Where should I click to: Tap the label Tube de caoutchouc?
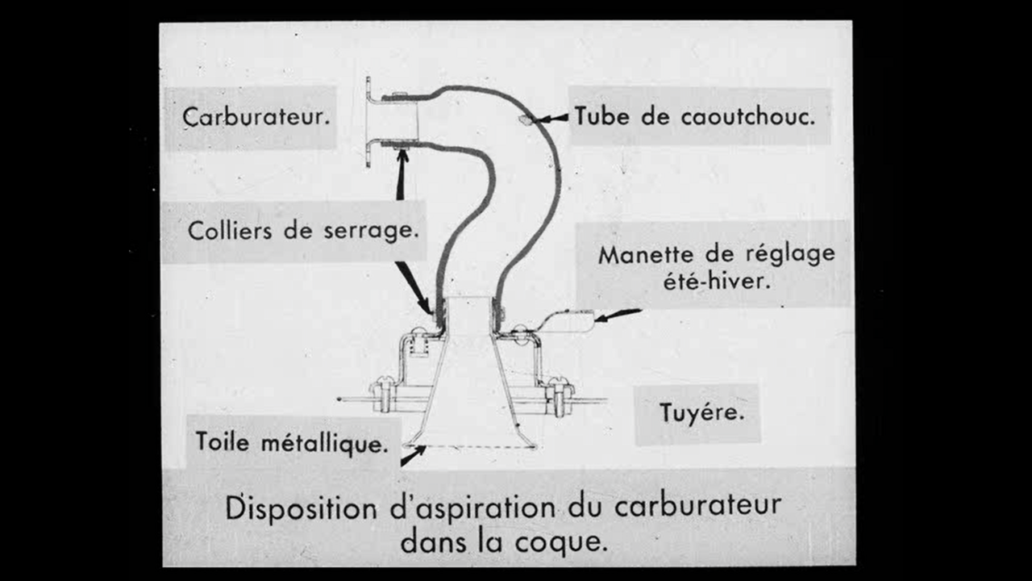[x=694, y=116]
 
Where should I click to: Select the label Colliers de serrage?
[x=303, y=231]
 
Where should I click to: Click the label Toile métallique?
[x=289, y=442]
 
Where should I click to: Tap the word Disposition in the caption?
[x=301, y=508]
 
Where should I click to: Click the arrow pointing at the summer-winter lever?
[x=619, y=315]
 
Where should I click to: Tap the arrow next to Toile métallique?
[x=413, y=456]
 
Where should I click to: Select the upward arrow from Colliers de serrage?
[x=401, y=173]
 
